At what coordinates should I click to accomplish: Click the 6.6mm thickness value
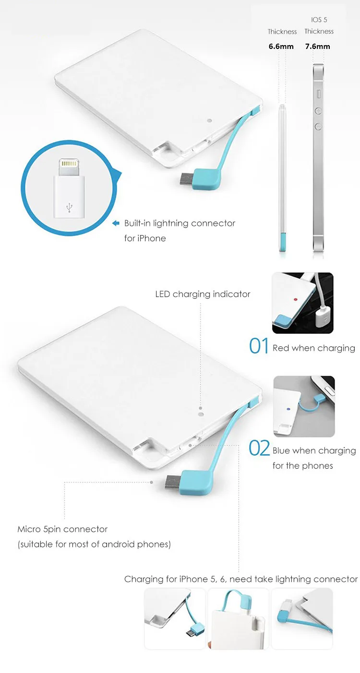pyautogui.click(x=281, y=46)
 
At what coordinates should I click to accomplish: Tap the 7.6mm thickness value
pyautogui.click(x=317, y=46)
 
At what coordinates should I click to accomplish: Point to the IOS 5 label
pyautogui.click(x=319, y=20)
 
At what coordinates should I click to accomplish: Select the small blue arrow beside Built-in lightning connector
pyautogui.click(x=116, y=223)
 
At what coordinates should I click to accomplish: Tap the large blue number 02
pyautogui.click(x=259, y=448)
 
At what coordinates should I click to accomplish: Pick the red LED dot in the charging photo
pyautogui.click(x=295, y=299)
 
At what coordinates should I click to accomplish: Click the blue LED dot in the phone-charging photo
pyautogui.click(x=289, y=409)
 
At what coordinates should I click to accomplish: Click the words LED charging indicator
pyautogui.click(x=203, y=294)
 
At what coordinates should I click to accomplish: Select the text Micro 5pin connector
pyautogui.click(x=62, y=529)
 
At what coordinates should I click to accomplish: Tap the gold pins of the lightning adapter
pyautogui.click(x=69, y=164)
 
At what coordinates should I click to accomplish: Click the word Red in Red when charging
pyautogui.click(x=281, y=348)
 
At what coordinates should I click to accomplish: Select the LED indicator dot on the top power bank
pyautogui.click(x=210, y=121)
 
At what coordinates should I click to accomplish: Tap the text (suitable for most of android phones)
pyautogui.click(x=94, y=544)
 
